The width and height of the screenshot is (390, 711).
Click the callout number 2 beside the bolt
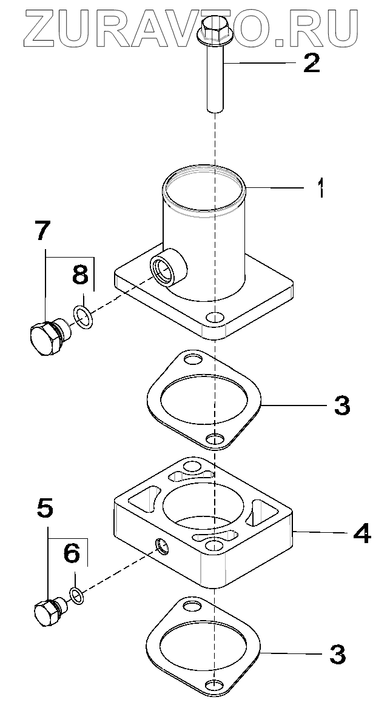click(x=311, y=63)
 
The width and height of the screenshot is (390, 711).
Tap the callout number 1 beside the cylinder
click(x=321, y=189)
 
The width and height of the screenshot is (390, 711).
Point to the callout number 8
click(x=81, y=273)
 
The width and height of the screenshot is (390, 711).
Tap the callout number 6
click(x=72, y=552)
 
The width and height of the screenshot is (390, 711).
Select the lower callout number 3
click(x=337, y=653)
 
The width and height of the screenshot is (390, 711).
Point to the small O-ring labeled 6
click(x=77, y=595)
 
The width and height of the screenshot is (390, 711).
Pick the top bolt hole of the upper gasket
click(x=193, y=361)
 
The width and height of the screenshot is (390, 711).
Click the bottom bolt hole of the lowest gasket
click(x=212, y=686)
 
